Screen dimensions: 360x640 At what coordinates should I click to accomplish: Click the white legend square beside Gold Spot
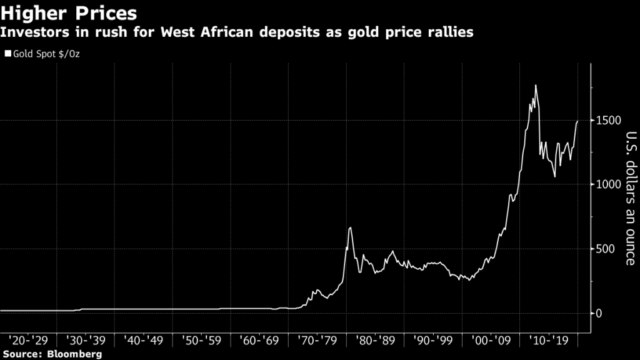(x=7, y=54)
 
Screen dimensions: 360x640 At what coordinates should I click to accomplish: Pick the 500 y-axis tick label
(x=607, y=249)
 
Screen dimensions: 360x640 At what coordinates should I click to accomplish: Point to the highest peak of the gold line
(x=536, y=85)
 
